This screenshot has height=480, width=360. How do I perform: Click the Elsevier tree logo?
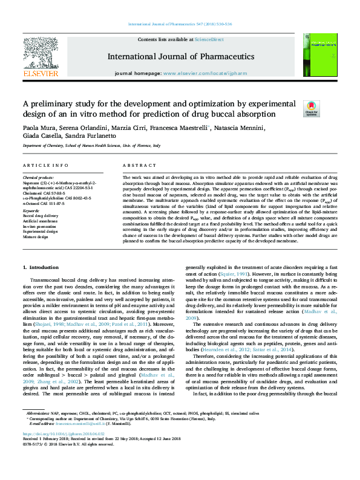(x=40, y=56)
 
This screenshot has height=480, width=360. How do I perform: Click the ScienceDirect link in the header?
(x=209, y=39)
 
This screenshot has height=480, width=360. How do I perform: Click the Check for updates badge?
(x=311, y=108)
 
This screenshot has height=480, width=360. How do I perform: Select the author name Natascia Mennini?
(x=240, y=128)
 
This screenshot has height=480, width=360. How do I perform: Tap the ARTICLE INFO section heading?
(x=45, y=165)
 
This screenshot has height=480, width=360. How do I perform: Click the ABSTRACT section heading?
(x=136, y=165)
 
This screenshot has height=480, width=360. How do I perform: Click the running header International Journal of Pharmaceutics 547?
(x=180, y=25)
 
